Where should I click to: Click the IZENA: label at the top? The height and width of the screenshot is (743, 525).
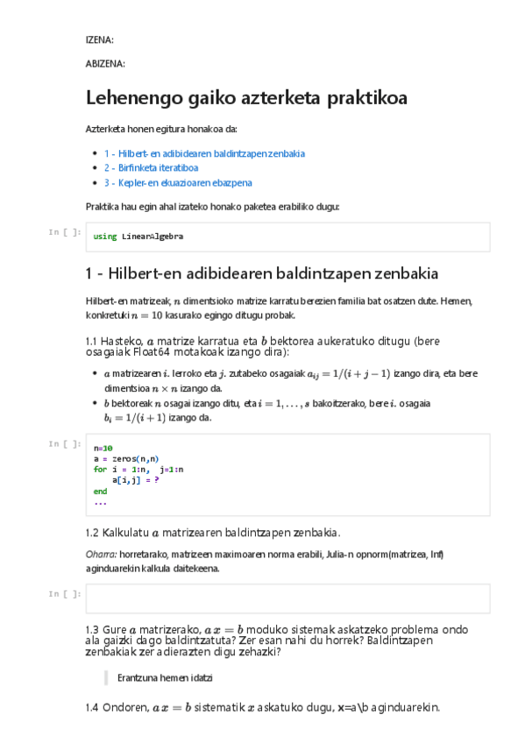point(99,40)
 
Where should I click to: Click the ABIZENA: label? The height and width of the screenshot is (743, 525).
point(104,63)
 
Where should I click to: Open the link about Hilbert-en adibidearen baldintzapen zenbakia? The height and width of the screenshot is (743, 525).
point(204,153)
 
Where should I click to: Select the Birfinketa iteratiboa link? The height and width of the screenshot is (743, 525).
point(151,167)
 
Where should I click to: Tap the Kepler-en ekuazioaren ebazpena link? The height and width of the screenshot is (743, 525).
point(178,182)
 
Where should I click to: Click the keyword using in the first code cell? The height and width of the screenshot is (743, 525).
point(104,237)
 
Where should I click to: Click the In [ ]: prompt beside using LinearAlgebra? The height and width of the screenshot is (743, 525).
point(66,232)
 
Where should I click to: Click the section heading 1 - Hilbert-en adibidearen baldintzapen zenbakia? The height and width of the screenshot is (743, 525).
point(261,272)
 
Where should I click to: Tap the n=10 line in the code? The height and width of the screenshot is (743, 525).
point(103,448)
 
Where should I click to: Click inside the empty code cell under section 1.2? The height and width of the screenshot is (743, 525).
point(288,598)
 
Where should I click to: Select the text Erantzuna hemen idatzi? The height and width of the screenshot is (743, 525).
point(165,677)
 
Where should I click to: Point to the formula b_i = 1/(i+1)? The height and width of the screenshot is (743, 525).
point(135,418)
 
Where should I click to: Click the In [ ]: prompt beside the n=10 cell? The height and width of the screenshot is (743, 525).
point(66,443)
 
